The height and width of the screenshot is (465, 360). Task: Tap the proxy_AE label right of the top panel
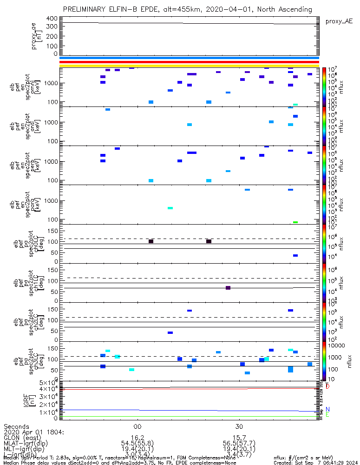339,21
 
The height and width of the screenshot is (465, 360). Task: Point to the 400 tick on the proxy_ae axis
52,19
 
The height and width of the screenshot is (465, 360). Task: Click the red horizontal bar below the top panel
189,62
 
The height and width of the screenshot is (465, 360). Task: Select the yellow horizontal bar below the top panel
189,66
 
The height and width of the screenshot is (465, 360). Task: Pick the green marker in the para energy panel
295,222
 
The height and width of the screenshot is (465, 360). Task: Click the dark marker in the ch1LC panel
228,288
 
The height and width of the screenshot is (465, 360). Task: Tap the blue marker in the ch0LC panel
295,256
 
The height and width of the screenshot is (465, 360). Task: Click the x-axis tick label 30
239,426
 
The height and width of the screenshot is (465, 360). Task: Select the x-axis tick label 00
137,426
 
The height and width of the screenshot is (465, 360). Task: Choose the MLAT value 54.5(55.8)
137,444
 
